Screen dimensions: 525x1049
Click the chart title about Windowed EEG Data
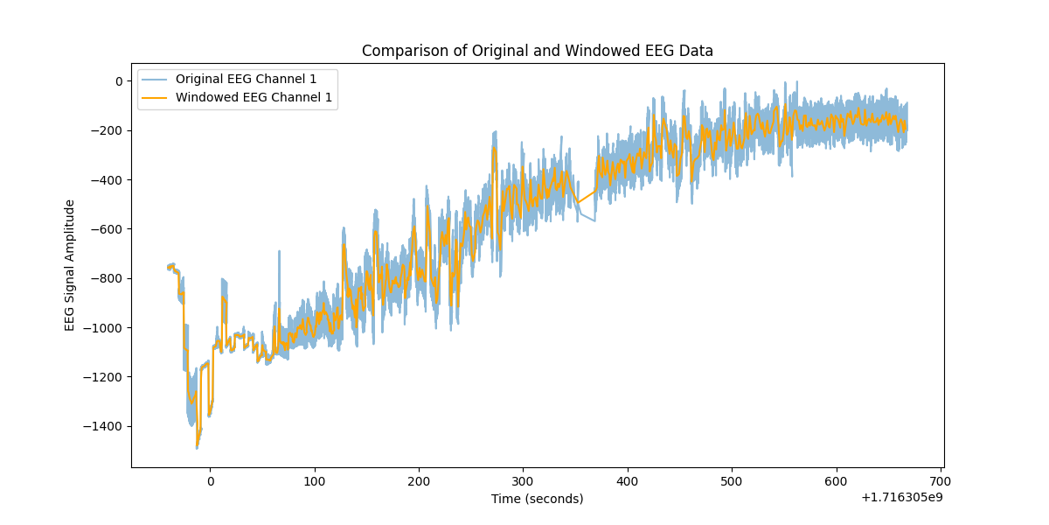click(x=537, y=51)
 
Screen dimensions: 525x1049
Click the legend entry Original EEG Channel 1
click(x=246, y=79)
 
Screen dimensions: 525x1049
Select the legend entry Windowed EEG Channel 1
click(x=254, y=97)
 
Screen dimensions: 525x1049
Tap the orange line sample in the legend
click(x=156, y=97)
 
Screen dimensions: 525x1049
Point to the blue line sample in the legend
click(x=156, y=79)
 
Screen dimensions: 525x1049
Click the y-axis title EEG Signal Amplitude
click(x=70, y=265)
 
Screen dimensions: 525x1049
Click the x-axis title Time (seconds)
click(x=537, y=499)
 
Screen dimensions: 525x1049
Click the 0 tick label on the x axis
click(x=210, y=481)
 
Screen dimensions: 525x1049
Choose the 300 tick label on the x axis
click(x=523, y=481)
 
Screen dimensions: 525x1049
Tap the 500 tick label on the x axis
click(x=732, y=481)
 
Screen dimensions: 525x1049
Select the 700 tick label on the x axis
click(x=941, y=481)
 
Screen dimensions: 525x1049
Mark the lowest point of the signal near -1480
click(x=197, y=447)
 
